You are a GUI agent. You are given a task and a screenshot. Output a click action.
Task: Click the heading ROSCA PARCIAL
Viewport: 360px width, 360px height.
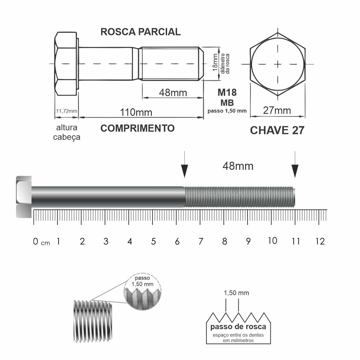click(x=140, y=32)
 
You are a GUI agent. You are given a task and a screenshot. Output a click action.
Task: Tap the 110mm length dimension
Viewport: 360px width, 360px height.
click(x=136, y=112)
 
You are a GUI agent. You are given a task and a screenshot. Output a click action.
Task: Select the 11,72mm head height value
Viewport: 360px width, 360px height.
click(x=67, y=111)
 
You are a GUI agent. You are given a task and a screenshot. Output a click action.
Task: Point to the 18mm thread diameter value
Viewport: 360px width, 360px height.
click(x=215, y=62)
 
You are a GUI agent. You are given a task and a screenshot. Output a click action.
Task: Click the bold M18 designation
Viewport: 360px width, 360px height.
click(x=227, y=92)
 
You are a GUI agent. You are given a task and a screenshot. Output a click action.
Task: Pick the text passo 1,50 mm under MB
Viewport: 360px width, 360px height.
click(x=227, y=111)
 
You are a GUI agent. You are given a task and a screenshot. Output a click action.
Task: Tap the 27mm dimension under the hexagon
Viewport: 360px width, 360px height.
click(x=277, y=110)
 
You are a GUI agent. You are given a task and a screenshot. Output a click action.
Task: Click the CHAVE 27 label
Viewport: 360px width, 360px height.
click(x=277, y=130)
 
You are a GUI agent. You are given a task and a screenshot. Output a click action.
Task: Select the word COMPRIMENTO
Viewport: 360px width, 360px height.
click(x=137, y=128)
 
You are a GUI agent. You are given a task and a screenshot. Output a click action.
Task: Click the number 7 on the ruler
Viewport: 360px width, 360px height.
click(x=201, y=241)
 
